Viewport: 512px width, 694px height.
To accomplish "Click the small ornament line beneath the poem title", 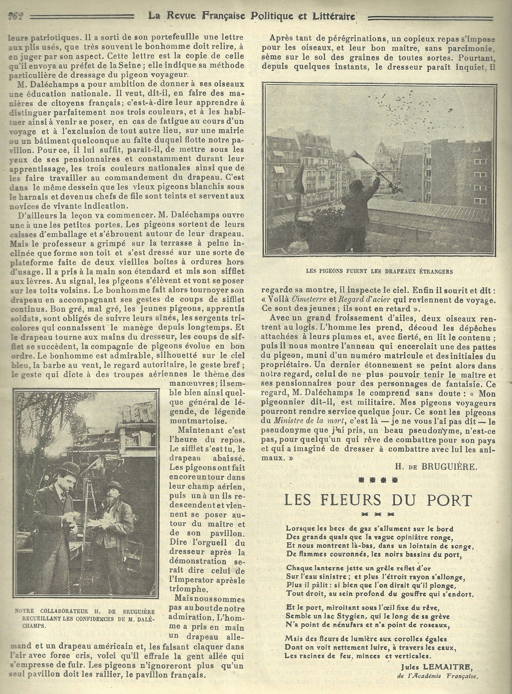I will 378,514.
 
